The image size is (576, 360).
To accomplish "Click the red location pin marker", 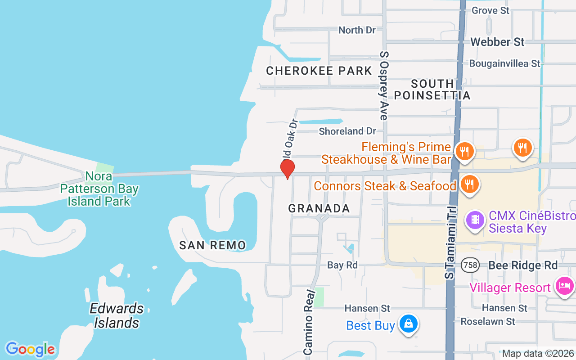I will (x=287, y=168).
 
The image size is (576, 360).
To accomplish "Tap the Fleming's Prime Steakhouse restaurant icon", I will (x=464, y=151).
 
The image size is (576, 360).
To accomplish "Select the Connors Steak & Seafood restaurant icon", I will (x=469, y=184).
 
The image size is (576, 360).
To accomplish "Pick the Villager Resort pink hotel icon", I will (x=564, y=286).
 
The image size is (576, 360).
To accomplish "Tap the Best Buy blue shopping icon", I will (x=408, y=324).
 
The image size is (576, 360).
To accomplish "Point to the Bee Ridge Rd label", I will (x=523, y=265).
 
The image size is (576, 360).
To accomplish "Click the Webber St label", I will (x=497, y=42).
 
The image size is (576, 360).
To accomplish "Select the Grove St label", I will (x=490, y=10).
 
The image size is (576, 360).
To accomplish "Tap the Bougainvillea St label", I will (x=504, y=63).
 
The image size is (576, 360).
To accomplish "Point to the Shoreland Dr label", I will (x=347, y=131).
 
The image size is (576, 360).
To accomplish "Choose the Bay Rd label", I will (x=342, y=265).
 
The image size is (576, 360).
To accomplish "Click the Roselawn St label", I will (x=487, y=321).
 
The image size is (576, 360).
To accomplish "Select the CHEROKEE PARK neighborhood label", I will (x=319, y=71).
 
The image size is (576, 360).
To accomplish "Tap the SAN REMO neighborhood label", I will (x=212, y=245).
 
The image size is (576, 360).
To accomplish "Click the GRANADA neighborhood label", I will (x=319, y=208).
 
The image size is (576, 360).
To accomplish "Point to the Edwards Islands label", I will (x=117, y=315).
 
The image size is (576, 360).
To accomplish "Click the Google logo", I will (x=30, y=349).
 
